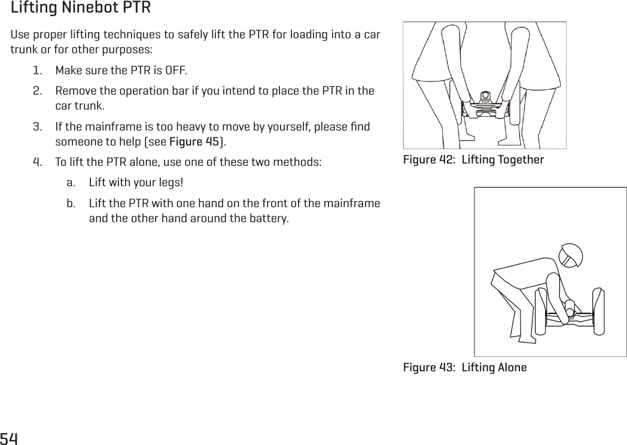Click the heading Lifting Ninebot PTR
pos(81,9)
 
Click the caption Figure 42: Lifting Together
pos(473,160)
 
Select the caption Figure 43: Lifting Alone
pos(465,367)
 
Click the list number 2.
pos(37,92)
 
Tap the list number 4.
pos(37,162)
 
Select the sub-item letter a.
pos(71,183)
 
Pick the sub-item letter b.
pos(71,203)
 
